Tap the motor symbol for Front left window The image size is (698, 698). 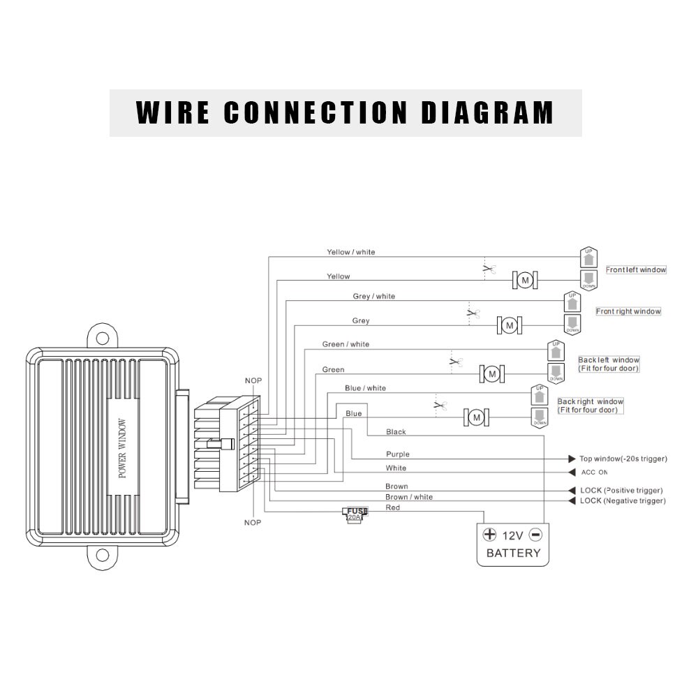tap(525, 281)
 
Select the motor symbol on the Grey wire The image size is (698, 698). tap(509, 325)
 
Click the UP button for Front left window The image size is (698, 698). tap(588, 257)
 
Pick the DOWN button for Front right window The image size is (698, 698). tap(572, 323)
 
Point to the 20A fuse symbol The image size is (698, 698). tap(355, 514)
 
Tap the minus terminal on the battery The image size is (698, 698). tap(535, 535)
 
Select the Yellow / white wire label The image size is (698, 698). tap(351, 252)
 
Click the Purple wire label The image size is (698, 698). tap(398, 454)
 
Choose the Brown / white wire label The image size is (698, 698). tap(409, 497)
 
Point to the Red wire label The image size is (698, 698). tap(393, 507)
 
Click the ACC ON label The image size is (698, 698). tap(594, 473)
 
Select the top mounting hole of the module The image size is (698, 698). tap(103, 339)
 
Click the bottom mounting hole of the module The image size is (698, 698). tap(103, 556)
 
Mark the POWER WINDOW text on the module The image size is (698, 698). tap(123, 448)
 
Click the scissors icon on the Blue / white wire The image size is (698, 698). tap(440, 405)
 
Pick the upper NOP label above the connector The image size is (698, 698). tap(253, 380)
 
